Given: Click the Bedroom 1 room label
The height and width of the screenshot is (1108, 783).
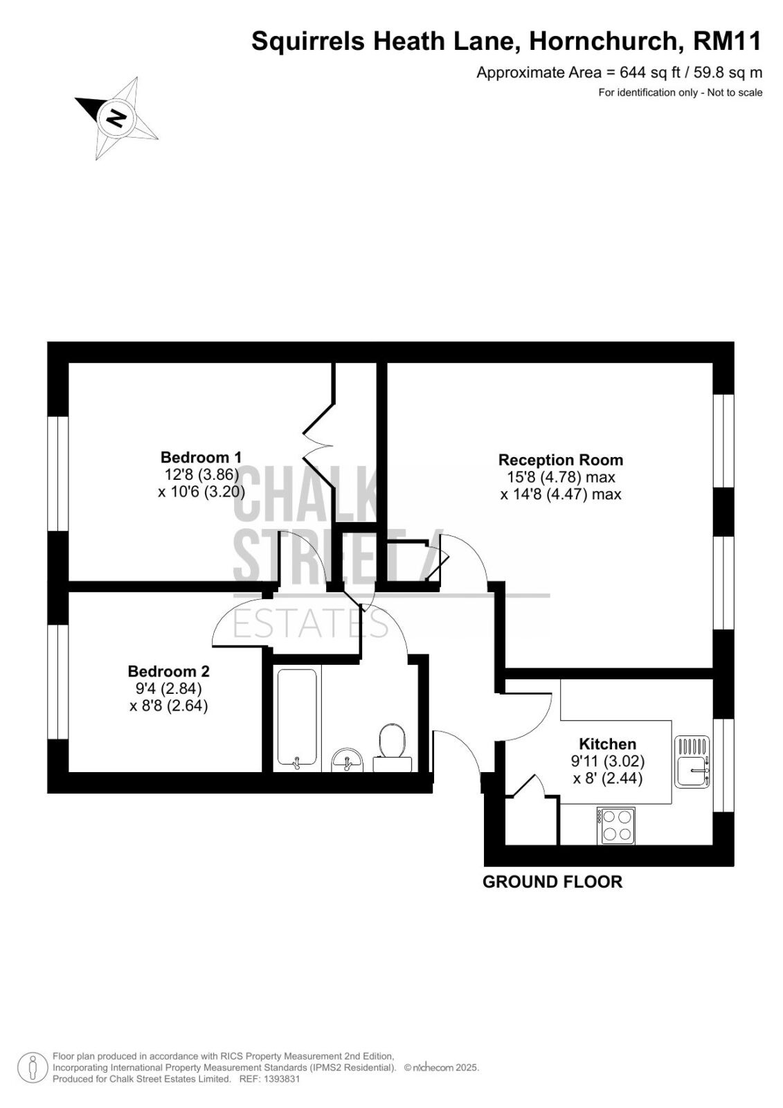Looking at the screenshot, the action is pyautogui.click(x=201, y=456).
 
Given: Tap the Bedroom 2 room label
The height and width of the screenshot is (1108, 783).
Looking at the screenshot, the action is pyautogui.click(x=169, y=671).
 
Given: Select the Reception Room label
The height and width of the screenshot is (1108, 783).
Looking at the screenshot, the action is pyautogui.click(x=560, y=460).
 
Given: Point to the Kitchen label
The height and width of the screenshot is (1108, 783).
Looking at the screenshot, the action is pyautogui.click(x=607, y=744).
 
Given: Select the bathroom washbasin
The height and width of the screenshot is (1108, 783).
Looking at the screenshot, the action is pyautogui.click(x=348, y=760).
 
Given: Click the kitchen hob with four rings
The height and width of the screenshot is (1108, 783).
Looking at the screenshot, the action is pyautogui.click(x=616, y=826).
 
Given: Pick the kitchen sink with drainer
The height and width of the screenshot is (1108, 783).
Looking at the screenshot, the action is pyautogui.click(x=692, y=762).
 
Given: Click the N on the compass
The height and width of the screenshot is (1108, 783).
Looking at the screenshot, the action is pyautogui.click(x=117, y=118).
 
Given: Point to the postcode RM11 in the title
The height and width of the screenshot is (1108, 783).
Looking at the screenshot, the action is pyautogui.click(x=727, y=41).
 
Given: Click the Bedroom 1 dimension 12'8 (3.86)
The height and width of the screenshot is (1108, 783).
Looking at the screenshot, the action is pyautogui.click(x=201, y=474).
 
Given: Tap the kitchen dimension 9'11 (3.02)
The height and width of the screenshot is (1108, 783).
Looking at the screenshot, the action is pyautogui.click(x=608, y=761).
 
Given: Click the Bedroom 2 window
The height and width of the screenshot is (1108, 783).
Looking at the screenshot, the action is pyautogui.click(x=58, y=683).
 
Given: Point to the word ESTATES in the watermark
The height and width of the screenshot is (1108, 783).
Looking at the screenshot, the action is pyautogui.click(x=311, y=624).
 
